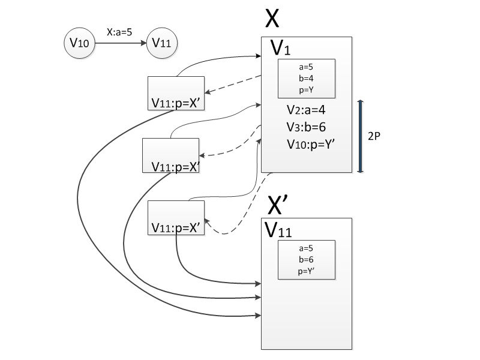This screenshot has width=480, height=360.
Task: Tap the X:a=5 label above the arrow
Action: pos(119,33)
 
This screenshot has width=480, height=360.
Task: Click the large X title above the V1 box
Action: pos(271,19)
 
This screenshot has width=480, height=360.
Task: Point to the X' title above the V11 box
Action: pos(275,205)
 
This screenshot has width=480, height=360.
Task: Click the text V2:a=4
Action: pos(306,110)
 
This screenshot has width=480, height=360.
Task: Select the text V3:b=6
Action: pos(306,127)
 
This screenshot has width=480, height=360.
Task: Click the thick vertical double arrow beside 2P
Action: pos(360,136)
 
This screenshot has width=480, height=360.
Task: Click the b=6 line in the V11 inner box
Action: pos(306,259)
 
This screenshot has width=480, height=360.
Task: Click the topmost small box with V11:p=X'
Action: pos(176,93)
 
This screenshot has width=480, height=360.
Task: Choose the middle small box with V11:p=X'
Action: pos(170,155)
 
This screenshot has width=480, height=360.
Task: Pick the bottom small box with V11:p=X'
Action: pos(176,218)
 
